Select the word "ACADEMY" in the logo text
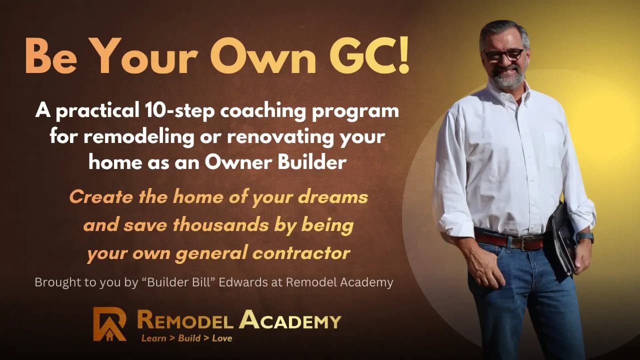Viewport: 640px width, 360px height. pos(290,320)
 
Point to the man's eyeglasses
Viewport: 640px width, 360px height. pos(503,54)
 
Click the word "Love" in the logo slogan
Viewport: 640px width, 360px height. pos(222,338)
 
